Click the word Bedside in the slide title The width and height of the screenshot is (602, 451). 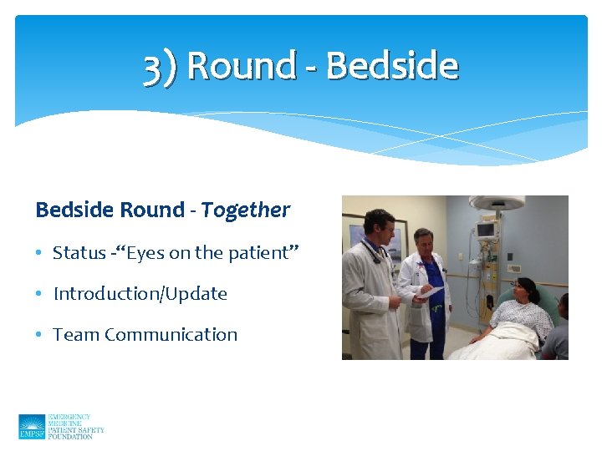pos(391,66)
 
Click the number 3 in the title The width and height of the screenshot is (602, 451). pos(152,68)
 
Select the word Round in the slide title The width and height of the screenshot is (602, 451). pos(242,66)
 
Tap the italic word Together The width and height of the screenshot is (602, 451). pos(245,210)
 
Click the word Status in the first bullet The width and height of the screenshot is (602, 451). pos(79,252)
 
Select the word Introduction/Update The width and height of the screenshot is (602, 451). pos(140,293)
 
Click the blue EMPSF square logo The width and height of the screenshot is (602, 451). pos(32,426)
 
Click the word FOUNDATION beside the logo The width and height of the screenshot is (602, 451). pos(70,436)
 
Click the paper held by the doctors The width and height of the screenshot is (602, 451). pos(430,291)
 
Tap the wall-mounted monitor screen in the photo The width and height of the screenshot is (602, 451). pos(486,230)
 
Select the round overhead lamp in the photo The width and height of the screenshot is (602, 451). pos(496,203)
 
